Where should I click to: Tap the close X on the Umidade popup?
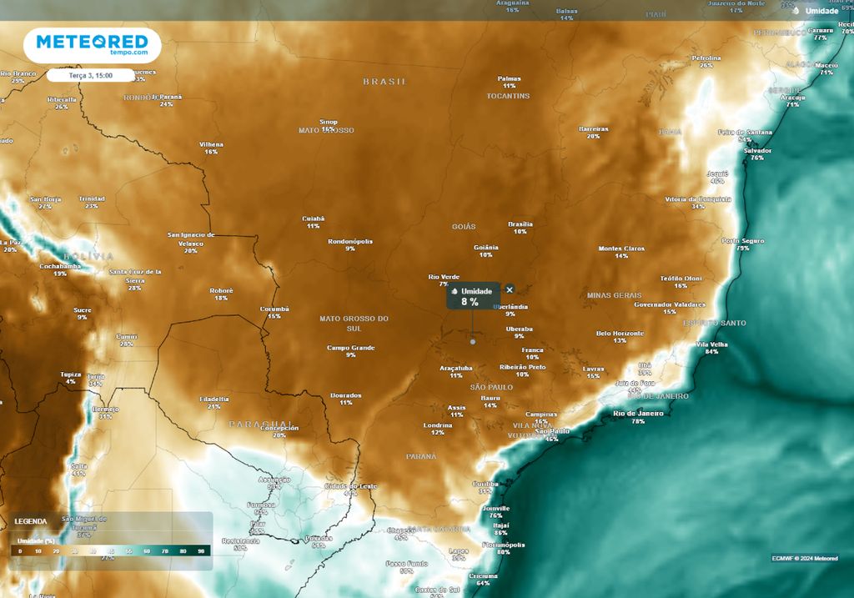coord(510,289)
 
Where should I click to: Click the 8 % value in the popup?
coord(470,302)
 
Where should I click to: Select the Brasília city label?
coord(520,224)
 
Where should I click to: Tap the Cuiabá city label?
coord(314,218)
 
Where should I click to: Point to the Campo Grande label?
coord(350,347)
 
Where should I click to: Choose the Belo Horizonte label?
coord(620,333)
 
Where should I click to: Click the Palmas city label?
coord(509,78)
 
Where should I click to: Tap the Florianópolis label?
coord(503,545)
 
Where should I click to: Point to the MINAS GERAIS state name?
coord(614,295)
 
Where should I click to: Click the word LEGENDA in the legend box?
coord(31,521)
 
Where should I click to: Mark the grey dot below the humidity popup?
coord(473,341)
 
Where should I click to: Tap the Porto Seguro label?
coord(742,240)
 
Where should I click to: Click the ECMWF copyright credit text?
coord(805,558)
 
